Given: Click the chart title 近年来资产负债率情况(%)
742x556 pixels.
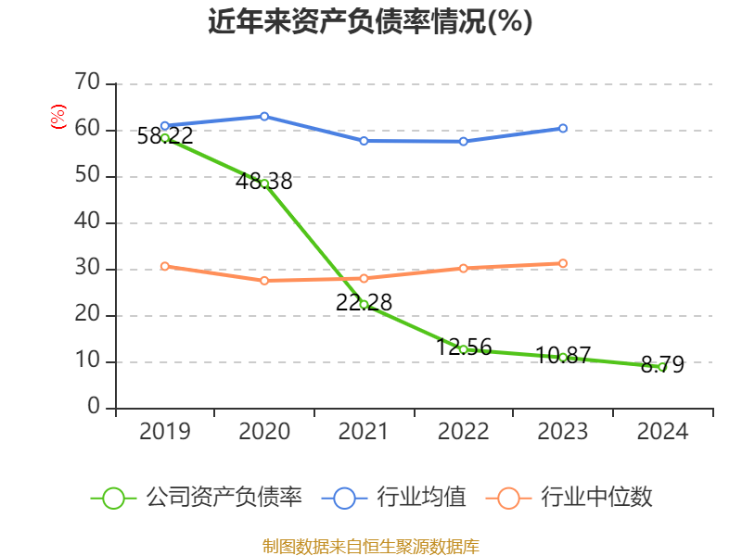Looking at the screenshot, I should point(370,22).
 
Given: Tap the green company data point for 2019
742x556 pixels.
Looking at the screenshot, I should point(165,138).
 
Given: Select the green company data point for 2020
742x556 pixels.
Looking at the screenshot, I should point(264,183).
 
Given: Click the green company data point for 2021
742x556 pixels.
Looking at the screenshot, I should point(364,304).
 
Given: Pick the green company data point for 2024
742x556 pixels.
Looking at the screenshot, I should point(661,367).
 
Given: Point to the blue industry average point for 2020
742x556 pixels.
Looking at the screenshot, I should point(264,117).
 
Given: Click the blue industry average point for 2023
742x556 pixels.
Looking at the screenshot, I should point(562,129).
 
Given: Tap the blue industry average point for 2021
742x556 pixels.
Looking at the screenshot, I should point(364,141).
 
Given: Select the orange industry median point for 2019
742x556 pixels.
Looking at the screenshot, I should point(165,266).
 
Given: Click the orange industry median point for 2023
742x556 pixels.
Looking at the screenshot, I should point(562,263).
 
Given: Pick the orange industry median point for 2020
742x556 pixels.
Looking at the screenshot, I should point(264,280).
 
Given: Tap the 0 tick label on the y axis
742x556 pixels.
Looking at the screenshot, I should point(93,408).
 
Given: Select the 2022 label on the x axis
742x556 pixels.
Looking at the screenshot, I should point(463,432).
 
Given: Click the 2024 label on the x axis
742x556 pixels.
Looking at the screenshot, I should point(661,432).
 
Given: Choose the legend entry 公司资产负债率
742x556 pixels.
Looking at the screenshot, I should point(198,498).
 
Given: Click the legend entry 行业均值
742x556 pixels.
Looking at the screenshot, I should point(394,498).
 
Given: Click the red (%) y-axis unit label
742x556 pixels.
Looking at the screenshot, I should point(58,118).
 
